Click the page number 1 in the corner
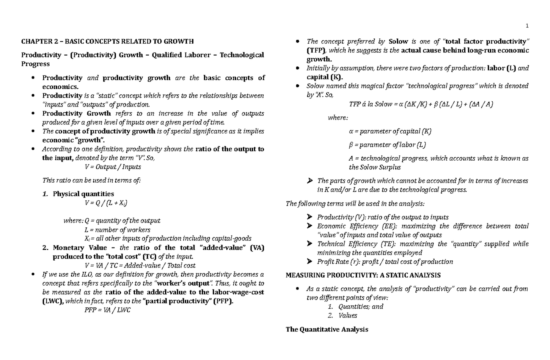(528, 26)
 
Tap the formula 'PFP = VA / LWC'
(107, 310)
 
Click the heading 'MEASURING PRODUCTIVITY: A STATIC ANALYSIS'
(363, 275)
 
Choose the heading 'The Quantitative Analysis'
(327, 329)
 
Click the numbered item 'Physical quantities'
(83, 194)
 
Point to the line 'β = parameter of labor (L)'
(387, 145)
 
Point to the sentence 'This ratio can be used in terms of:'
(91, 180)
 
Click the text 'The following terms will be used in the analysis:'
(357, 203)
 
